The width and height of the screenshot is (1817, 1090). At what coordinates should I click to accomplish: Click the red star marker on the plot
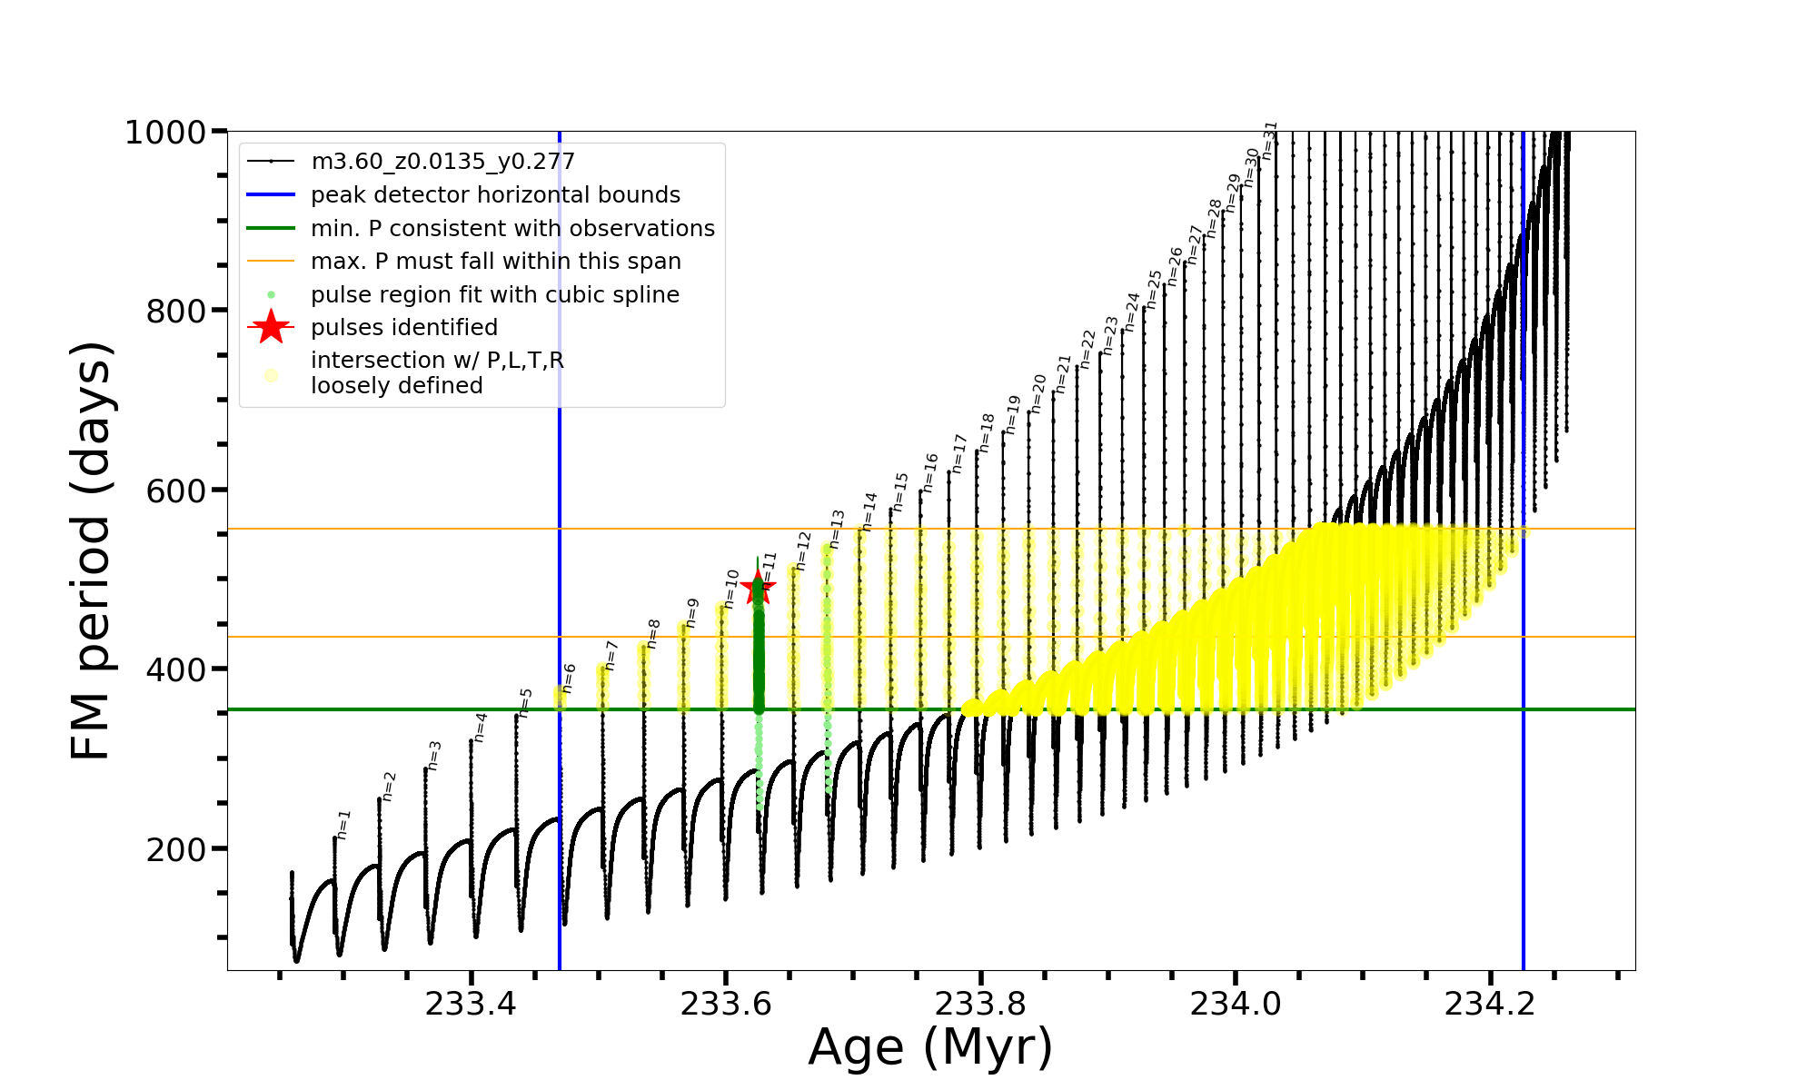(x=758, y=588)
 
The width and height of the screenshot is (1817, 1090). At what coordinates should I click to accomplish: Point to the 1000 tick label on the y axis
(x=165, y=133)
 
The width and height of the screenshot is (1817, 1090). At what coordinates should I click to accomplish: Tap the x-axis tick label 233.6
(x=725, y=1004)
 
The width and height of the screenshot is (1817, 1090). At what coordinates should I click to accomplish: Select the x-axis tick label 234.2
(x=1489, y=1004)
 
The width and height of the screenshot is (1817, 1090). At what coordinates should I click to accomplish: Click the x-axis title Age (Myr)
(x=930, y=1047)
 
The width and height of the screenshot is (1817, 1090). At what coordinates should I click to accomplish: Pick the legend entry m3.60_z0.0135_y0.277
(x=442, y=162)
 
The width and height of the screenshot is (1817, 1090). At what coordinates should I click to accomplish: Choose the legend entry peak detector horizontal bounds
(x=495, y=195)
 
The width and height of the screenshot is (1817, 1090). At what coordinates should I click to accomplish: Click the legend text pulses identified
(x=404, y=328)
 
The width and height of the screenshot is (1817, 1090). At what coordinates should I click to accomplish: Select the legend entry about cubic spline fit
(x=494, y=295)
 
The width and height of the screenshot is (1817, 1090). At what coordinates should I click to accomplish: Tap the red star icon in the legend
(x=271, y=328)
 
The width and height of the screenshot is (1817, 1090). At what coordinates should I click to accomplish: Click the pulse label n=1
(x=343, y=824)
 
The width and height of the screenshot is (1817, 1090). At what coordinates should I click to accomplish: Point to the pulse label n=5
(x=525, y=702)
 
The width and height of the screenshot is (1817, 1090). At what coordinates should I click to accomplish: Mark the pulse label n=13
(x=837, y=529)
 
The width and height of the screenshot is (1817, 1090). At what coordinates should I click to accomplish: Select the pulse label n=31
(x=1269, y=140)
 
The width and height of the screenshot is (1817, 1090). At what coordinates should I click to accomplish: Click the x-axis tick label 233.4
(x=471, y=1004)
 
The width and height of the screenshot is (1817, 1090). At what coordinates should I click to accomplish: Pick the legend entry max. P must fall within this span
(x=495, y=262)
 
